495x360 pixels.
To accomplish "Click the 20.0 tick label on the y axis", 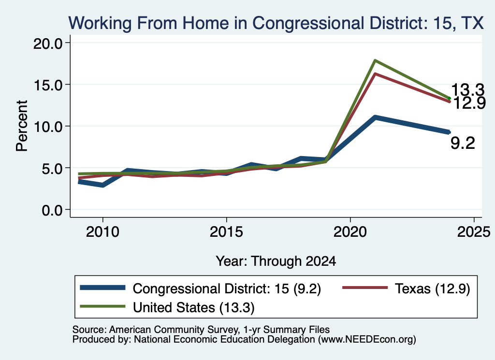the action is pos(48,43).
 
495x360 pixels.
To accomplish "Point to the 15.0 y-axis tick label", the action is pos(48,85).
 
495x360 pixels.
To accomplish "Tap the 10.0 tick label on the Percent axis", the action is pos(48,127).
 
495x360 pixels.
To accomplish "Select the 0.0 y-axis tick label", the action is pos(52,210).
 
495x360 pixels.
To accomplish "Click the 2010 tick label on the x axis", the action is pos(102,232).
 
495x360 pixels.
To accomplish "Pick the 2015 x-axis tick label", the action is pos(226,232).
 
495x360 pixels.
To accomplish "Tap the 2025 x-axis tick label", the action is pos(474,232).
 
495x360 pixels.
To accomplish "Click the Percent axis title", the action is pos(22,126).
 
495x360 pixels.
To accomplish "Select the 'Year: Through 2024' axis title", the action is pos(276,261).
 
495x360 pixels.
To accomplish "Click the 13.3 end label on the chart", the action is pos(467,90).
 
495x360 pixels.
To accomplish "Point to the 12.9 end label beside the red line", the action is pos(469,103).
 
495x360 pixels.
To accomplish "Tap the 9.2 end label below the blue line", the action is pos(463,143).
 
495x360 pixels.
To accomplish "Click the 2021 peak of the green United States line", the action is pos(375,60).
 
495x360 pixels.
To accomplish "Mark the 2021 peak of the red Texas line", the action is pos(375,74).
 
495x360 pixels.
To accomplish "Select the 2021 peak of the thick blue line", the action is pos(375,118).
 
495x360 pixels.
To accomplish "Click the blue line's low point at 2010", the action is pos(102,185).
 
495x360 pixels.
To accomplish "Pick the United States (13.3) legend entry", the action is pos(167,307).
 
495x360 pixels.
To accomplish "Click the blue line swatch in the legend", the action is pos(102,288).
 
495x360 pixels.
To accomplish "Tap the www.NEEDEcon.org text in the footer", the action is pos(367,340).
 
